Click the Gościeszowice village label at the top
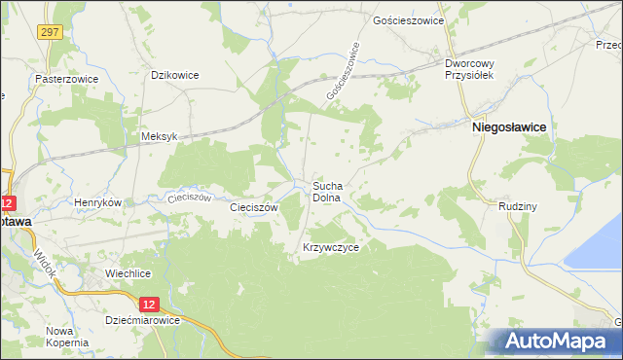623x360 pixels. tap(409, 20)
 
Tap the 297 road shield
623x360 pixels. tap(51, 32)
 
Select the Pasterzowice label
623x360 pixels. tap(62, 78)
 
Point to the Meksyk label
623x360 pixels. tap(159, 137)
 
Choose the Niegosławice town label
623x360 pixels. tap(508, 126)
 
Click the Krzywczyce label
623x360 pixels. tap(332, 248)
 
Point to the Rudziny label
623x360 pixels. tap(503, 205)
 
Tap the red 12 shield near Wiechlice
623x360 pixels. tap(142, 303)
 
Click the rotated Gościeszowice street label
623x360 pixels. tap(343, 75)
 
